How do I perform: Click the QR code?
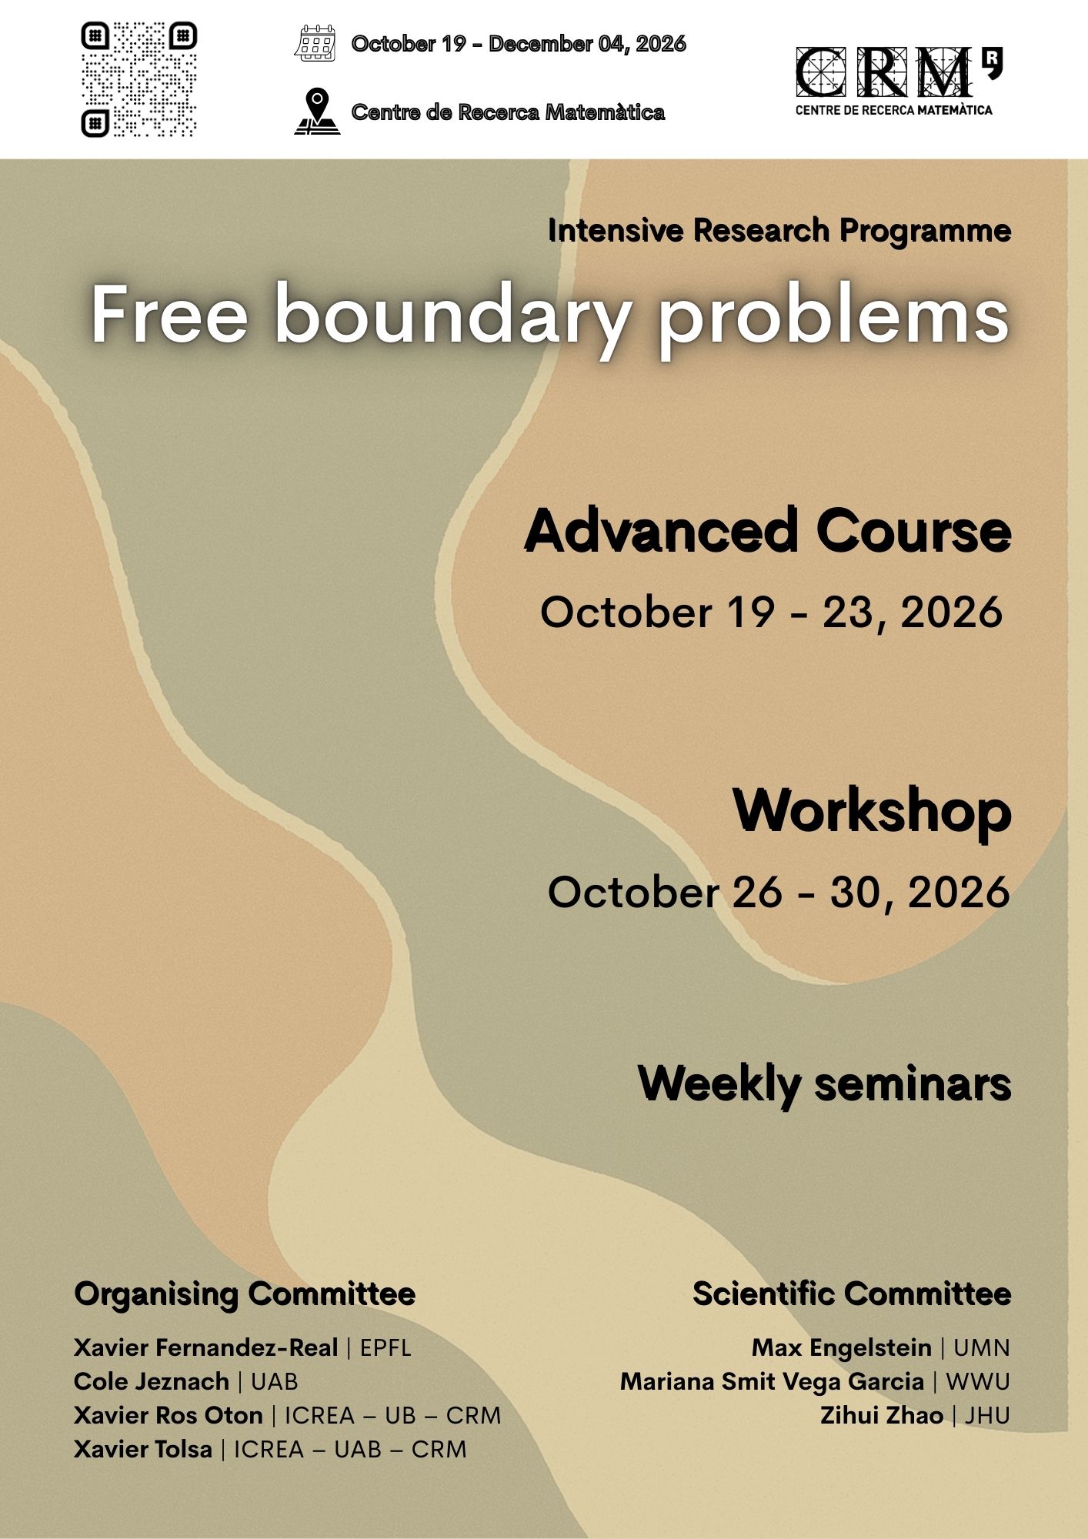pos(139,79)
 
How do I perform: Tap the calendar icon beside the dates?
pos(315,43)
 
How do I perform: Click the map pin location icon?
pos(317,112)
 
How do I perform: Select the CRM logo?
pos(899,81)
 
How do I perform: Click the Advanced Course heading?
pos(767,530)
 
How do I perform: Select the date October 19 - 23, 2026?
pos(771,613)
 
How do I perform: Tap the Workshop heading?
pos(872,811)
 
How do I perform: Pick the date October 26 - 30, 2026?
pos(779,893)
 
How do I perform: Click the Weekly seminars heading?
pos(824,1083)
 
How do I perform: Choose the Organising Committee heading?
pos(245,1294)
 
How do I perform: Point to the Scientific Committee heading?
pos(852,1294)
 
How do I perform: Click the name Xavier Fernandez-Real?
pos(206,1347)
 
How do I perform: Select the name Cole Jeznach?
pos(152,1381)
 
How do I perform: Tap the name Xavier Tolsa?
pos(143,1449)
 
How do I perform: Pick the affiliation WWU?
pos(978,1381)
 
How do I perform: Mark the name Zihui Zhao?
pos(882,1415)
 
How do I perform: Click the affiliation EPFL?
pos(385,1347)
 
